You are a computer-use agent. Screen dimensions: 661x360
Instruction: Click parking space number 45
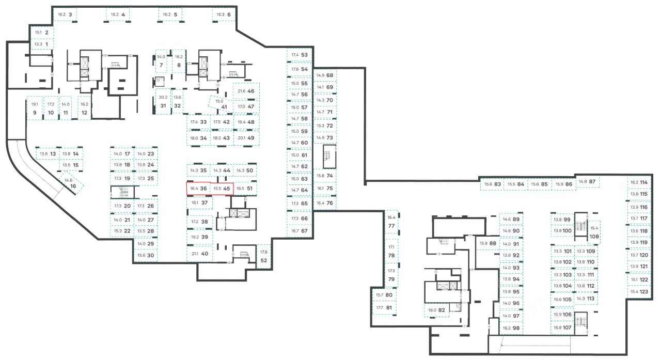click(x=226, y=189)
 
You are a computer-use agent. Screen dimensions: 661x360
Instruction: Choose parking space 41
click(x=224, y=107)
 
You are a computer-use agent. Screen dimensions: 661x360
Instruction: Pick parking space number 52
click(x=264, y=260)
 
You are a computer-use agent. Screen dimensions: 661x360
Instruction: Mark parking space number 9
click(x=35, y=112)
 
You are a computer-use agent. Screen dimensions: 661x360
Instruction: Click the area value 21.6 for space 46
click(x=241, y=91)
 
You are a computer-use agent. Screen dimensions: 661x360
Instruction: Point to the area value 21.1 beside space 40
click(x=195, y=253)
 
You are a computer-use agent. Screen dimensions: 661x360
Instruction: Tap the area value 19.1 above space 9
click(x=35, y=104)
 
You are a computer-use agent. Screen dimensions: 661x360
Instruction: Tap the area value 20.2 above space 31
click(x=163, y=97)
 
